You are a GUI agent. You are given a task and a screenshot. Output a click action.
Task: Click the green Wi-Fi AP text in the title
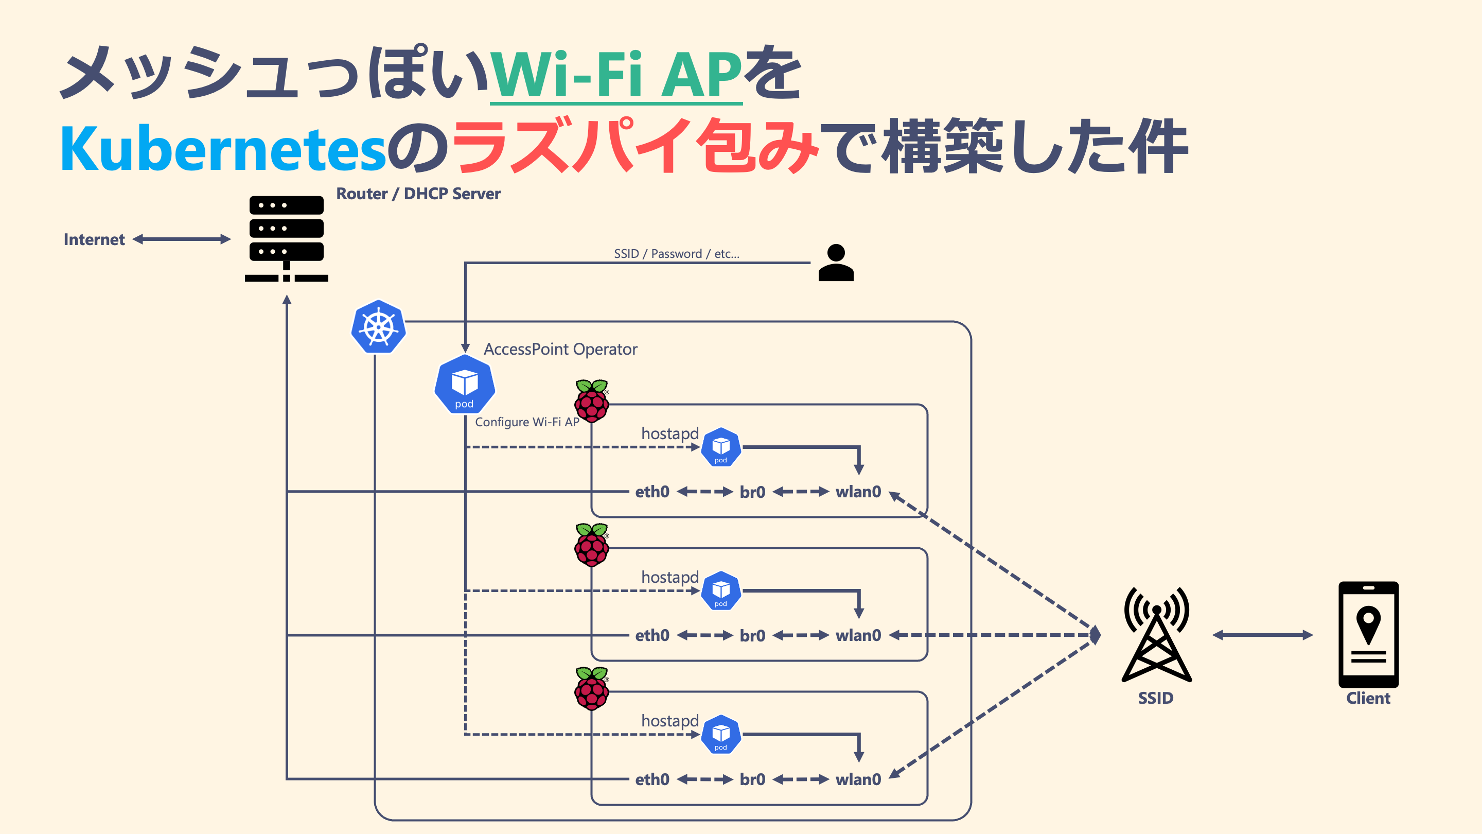[615, 75]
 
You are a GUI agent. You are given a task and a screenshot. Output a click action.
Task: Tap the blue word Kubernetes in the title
[223, 148]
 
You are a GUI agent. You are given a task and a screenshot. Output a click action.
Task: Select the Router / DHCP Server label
[418, 194]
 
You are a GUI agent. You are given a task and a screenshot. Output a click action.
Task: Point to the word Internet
[94, 239]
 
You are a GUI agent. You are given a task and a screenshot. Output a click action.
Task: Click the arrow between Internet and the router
[182, 239]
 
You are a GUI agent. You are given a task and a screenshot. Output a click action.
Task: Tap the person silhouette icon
[836, 263]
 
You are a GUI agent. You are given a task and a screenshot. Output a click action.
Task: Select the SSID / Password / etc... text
[677, 254]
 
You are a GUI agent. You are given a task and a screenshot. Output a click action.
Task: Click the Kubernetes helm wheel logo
[379, 326]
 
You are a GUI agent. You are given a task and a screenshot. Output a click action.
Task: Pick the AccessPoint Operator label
[560, 350]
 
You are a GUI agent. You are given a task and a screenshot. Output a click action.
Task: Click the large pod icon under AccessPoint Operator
[464, 384]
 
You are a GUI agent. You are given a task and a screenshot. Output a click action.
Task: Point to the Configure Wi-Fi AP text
[527, 422]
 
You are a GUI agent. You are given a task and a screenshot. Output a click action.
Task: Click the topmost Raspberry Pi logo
[591, 401]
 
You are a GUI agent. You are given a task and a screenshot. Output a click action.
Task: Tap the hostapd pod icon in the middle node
[721, 590]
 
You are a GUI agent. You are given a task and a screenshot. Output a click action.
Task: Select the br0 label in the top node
[752, 492]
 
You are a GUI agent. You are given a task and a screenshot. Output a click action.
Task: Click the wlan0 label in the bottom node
[858, 779]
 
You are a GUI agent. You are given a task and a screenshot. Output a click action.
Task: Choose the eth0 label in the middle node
[652, 635]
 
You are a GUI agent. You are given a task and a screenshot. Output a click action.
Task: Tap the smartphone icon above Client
[1368, 634]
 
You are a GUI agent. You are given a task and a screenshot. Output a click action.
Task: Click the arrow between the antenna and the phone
[1263, 635]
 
